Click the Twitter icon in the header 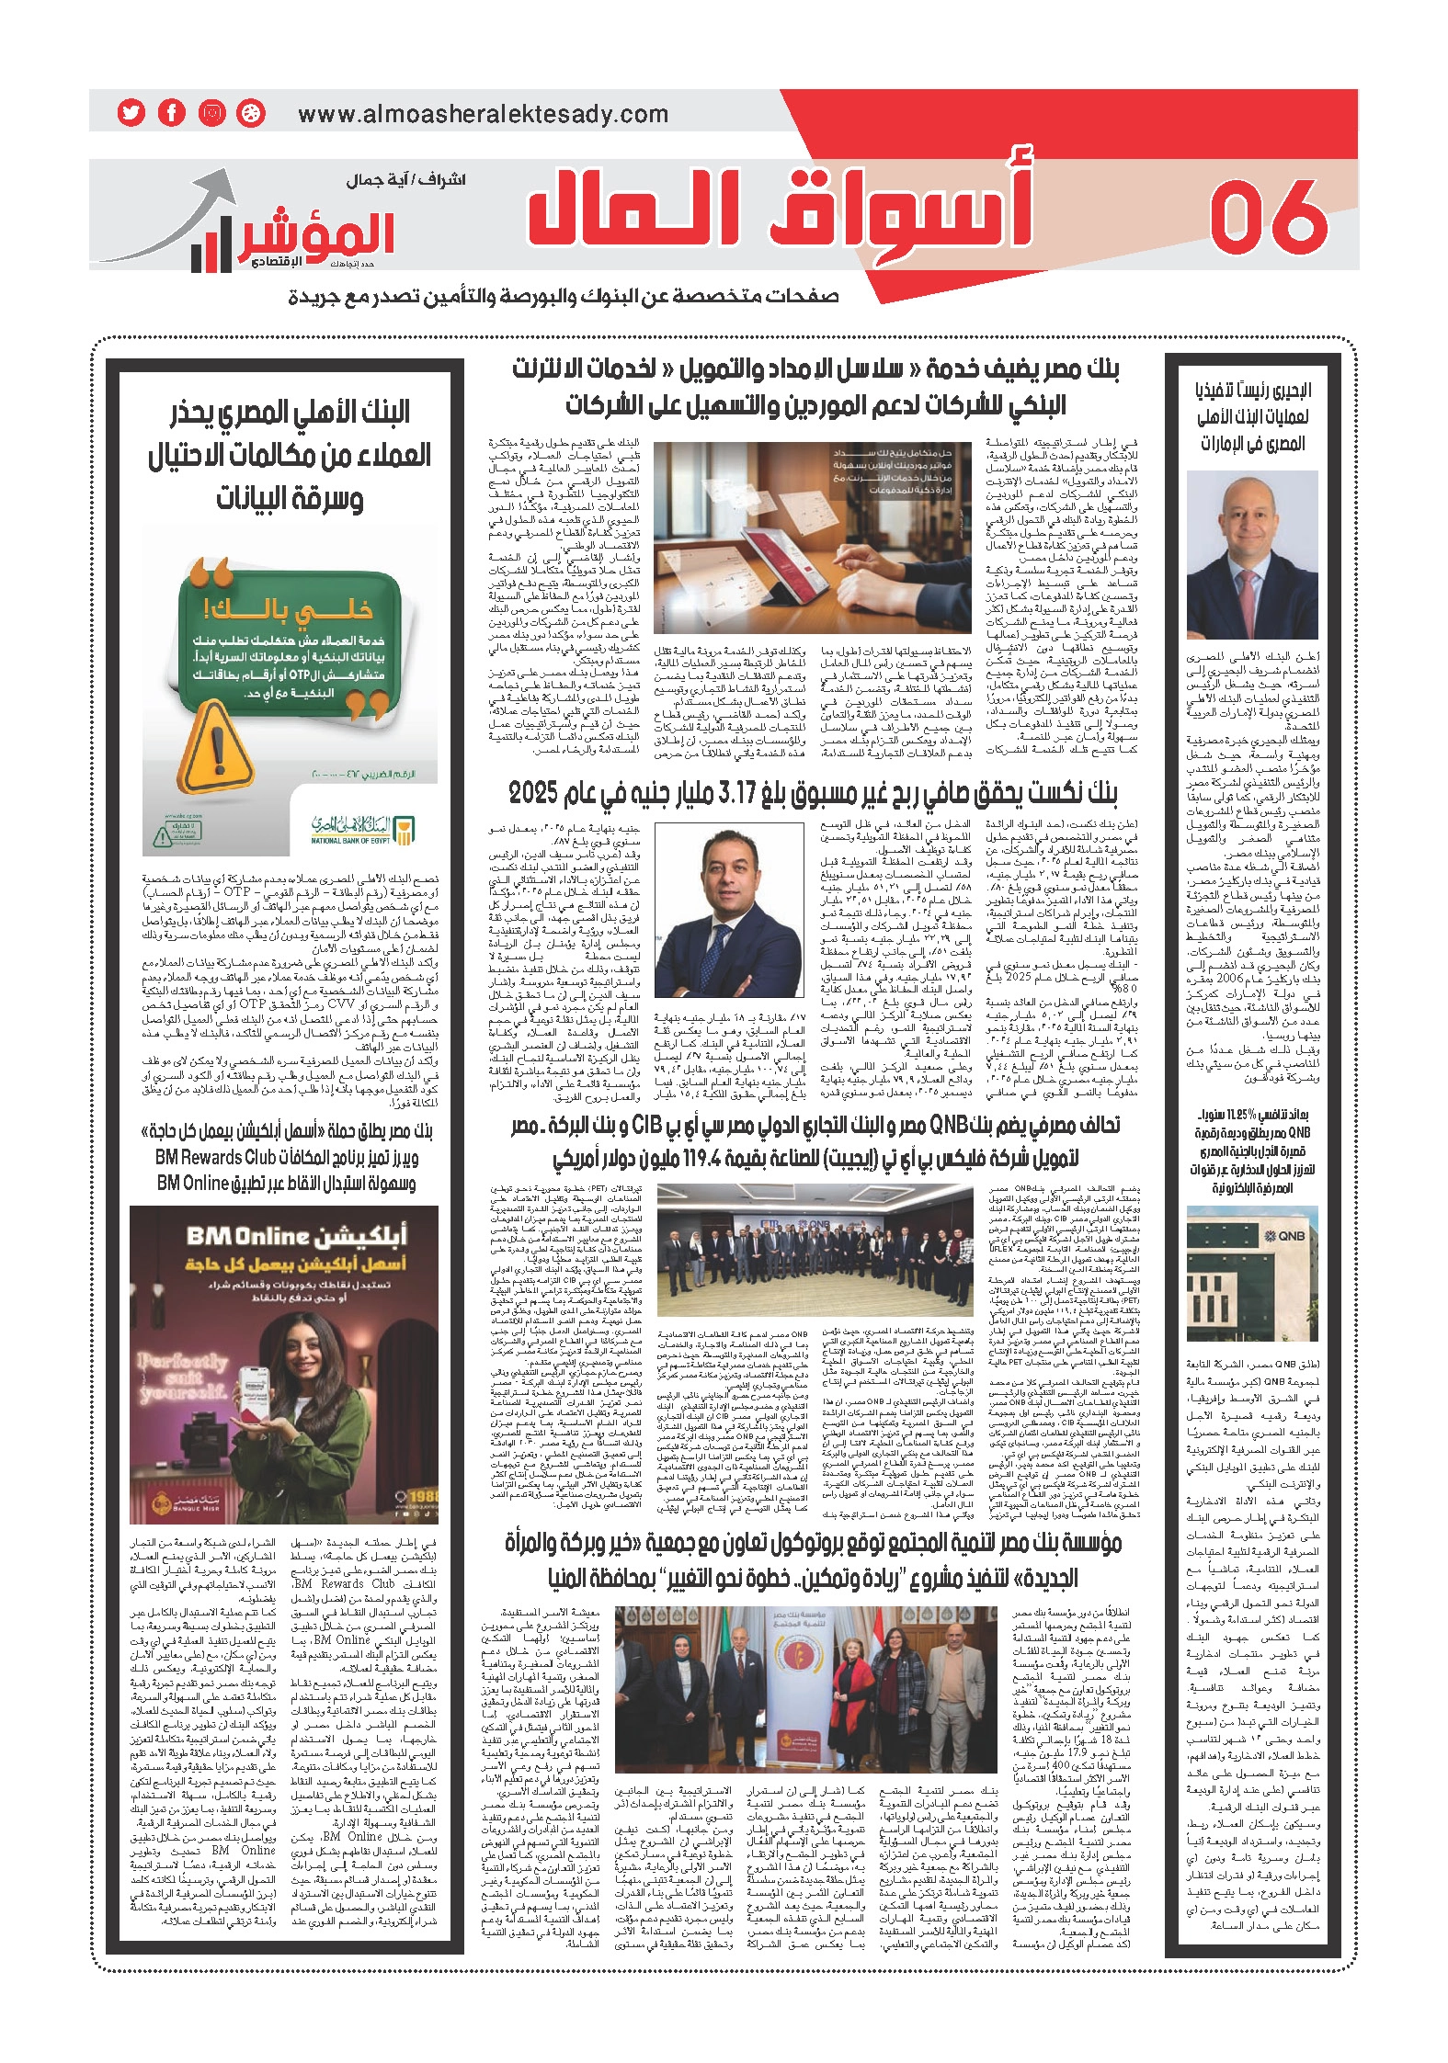131,113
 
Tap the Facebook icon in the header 171,113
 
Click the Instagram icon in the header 211,113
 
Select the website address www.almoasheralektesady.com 483,115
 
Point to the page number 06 1269,218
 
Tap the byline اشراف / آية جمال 405,180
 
